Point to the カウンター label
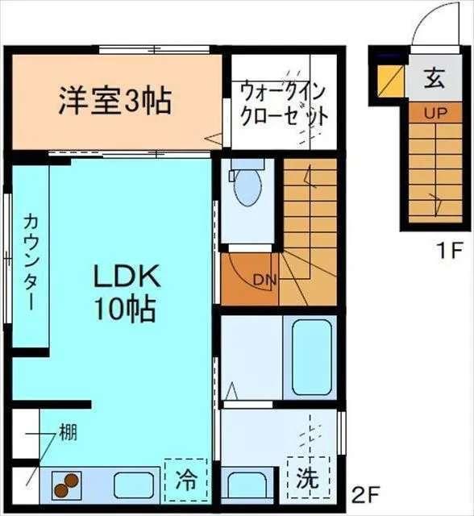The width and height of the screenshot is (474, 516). pyautogui.click(x=31, y=262)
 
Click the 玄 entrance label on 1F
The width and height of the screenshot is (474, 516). pyautogui.click(x=434, y=80)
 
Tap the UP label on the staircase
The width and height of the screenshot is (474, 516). pyautogui.click(x=434, y=113)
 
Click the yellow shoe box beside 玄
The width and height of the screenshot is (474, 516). pyautogui.click(x=392, y=81)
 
